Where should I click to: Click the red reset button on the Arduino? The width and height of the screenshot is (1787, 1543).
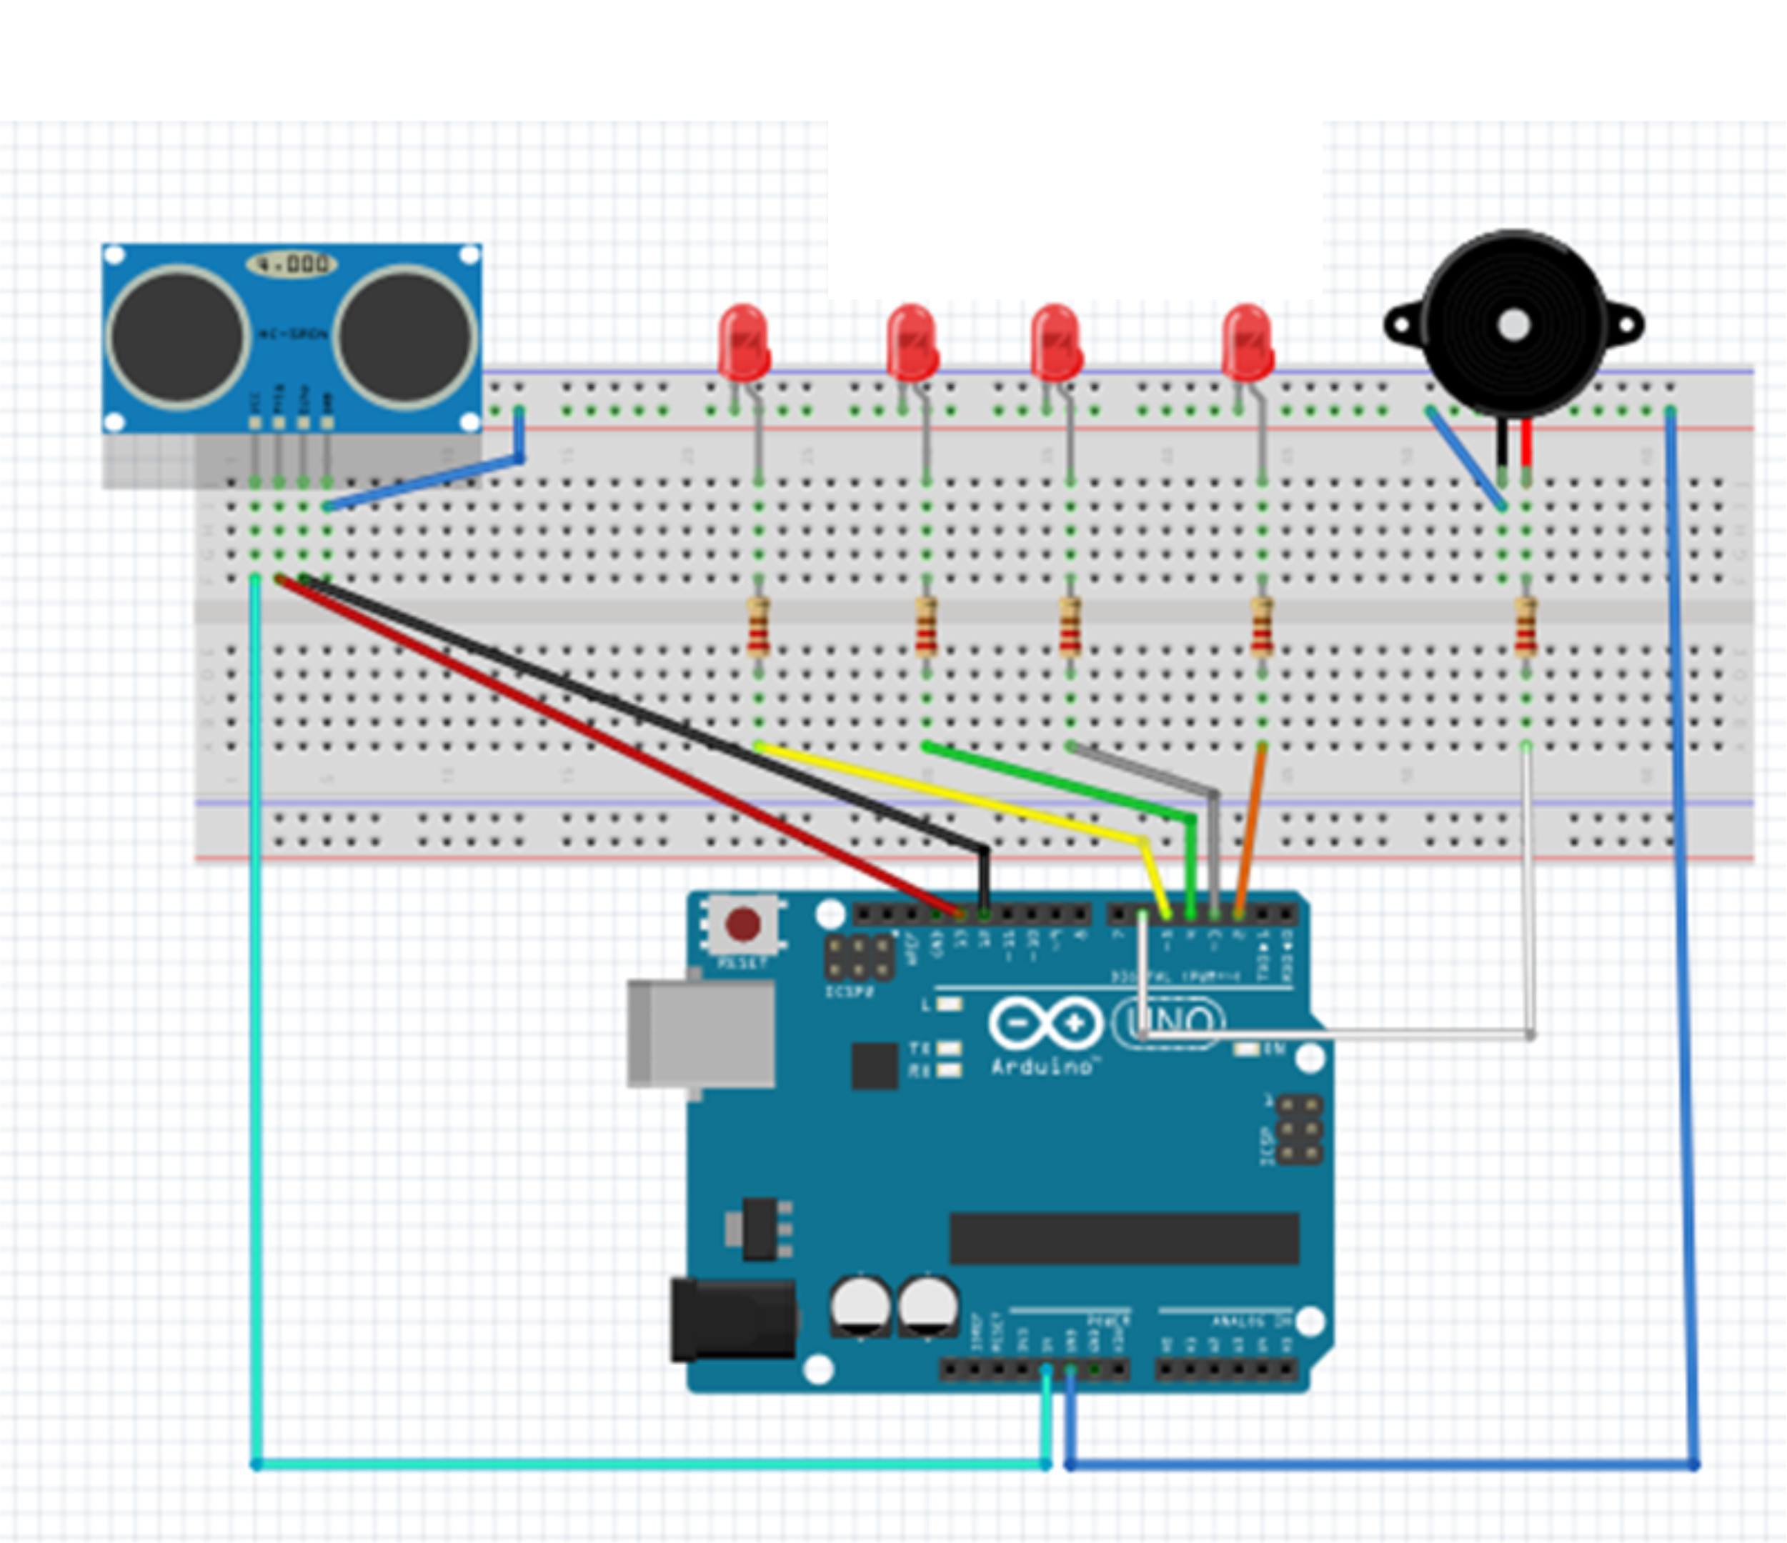[x=742, y=924]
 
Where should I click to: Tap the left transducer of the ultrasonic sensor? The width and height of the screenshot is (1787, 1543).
[x=179, y=336]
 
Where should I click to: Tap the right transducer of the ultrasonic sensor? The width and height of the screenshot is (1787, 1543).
[x=404, y=336]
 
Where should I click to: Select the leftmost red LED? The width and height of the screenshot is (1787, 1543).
[x=743, y=342]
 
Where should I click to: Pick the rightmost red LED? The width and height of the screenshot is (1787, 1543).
[x=1247, y=342]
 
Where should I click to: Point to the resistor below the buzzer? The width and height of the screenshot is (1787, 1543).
[x=1525, y=627]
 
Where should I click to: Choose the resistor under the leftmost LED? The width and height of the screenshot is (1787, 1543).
[x=758, y=627]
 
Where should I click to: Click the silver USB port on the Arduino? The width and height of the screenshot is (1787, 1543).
[x=700, y=1033]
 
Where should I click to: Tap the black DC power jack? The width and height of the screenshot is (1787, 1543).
[x=733, y=1320]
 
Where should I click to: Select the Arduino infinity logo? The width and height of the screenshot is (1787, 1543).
[x=1045, y=1024]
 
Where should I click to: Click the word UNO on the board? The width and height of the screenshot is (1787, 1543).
[x=1171, y=1024]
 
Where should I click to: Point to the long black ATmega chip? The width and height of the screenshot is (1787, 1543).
[x=1124, y=1239]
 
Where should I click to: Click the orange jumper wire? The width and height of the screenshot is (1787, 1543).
[x=1250, y=827]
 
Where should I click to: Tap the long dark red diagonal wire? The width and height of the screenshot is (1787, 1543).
[x=604, y=741]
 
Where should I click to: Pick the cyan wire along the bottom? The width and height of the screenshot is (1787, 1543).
[x=647, y=1464]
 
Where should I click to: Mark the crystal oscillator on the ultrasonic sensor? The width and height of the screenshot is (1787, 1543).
[x=292, y=264]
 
